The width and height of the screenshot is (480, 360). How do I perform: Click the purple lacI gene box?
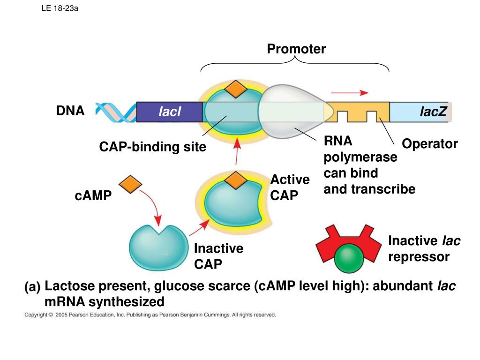(x=169, y=112)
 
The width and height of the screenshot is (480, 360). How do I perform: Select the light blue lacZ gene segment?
(x=419, y=112)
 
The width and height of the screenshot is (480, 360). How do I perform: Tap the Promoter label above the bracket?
(x=296, y=49)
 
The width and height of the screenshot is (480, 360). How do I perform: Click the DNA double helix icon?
(x=116, y=112)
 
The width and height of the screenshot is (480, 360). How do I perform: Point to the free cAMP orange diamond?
(x=130, y=184)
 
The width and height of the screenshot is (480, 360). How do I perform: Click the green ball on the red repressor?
(x=349, y=258)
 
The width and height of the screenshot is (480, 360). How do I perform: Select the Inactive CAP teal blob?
(x=158, y=247)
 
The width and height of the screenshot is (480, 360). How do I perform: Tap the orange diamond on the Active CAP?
(x=235, y=180)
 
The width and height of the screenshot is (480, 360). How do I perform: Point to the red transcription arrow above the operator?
(x=350, y=92)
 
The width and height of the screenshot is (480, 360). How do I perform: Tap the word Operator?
(x=430, y=143)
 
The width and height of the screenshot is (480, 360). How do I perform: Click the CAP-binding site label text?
(x=152, y=147)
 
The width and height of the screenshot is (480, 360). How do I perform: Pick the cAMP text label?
(x=93, y=195)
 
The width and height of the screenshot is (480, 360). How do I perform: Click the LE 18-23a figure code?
(x=60, y=8)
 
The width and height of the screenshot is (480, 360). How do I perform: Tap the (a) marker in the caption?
(x=32, y=287)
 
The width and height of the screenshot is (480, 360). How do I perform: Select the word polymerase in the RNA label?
(x=360, y=157)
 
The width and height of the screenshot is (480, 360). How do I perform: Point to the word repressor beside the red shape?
(x=419, y=257)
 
